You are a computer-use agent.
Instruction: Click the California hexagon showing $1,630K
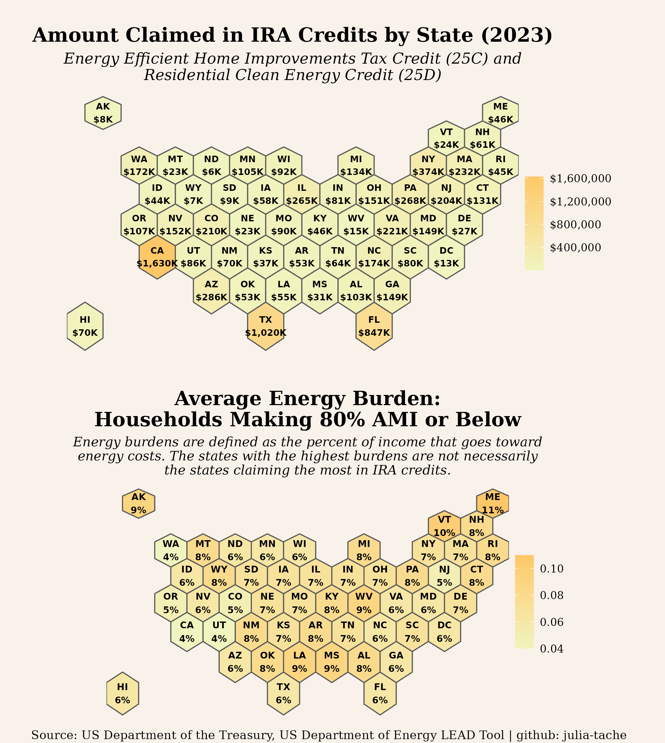click(x=157, y=257)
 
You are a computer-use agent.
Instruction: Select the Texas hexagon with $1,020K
click(x=266, y=326)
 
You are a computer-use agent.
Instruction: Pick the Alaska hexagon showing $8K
click(x=103, y=113)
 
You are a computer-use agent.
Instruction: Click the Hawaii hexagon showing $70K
click(x=85, y=326)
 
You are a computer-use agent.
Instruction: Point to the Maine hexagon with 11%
click(x=493, y=503)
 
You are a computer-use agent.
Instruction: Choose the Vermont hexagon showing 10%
click(x=444, y=526)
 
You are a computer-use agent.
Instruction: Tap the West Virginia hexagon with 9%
click(x=364, y=603)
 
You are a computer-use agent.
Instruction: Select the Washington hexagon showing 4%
click(x=171, y=550)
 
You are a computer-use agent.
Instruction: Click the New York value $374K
click(x=428, y=171)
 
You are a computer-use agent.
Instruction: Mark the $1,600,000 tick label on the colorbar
click(x=580, y=178)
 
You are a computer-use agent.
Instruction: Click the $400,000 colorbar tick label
click(x=576, y=247)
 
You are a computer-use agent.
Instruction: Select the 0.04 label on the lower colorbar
click(x=552, y=649)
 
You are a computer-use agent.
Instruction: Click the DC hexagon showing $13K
click(x=446, y=257)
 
